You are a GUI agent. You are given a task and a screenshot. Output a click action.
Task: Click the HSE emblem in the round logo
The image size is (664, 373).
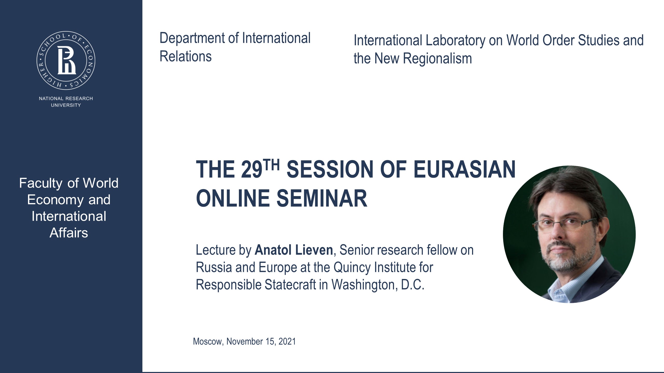66,60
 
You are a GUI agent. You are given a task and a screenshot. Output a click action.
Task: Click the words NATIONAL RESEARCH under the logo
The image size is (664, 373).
66,98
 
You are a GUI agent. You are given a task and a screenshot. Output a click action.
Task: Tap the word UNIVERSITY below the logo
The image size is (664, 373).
66,105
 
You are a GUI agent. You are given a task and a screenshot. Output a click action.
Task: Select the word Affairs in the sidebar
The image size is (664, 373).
69,233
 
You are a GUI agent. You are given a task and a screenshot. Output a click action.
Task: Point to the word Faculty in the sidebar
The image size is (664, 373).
41,183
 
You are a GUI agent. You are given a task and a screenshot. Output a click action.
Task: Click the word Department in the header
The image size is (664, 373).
192,38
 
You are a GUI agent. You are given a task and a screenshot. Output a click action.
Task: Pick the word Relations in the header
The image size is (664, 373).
185,56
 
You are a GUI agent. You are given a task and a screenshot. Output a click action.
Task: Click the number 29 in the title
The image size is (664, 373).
251,170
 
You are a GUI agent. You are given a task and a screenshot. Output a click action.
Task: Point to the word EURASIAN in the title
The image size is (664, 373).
464,170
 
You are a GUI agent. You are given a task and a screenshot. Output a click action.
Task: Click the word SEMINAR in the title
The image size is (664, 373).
322,199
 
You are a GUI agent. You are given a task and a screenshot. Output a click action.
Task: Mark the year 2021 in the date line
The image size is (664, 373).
287,341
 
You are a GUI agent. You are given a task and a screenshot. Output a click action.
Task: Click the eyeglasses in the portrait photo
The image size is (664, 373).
565,224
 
